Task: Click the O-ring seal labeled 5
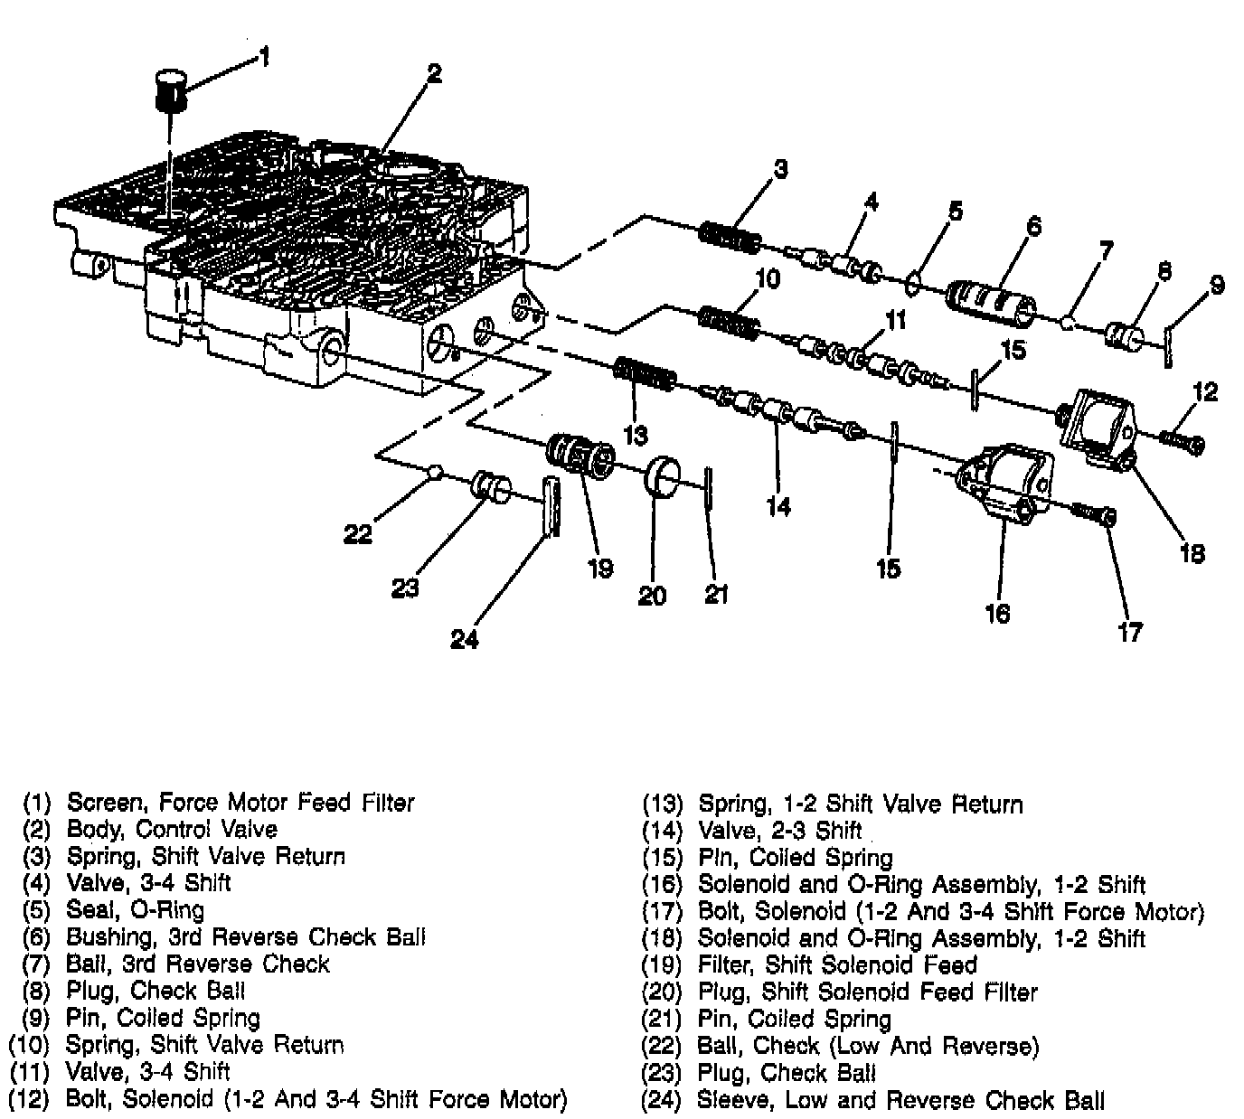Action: click(x=914, y=283)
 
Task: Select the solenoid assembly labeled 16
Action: click(x=1004, y=484)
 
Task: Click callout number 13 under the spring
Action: click(x=636, y=436)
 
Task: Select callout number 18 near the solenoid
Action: click(x=1192, y=552)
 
